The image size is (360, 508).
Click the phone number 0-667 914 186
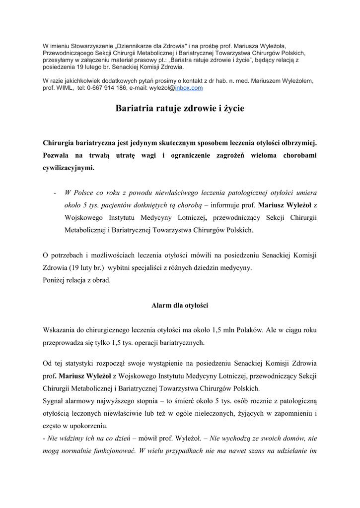tap(106, 88)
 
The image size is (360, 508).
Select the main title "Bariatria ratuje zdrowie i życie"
tap(180, 108)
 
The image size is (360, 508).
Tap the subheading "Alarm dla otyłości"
tap(180, 306)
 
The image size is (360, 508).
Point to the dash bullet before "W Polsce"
tap(54, 192)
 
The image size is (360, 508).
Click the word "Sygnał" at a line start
tap(54, 400)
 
